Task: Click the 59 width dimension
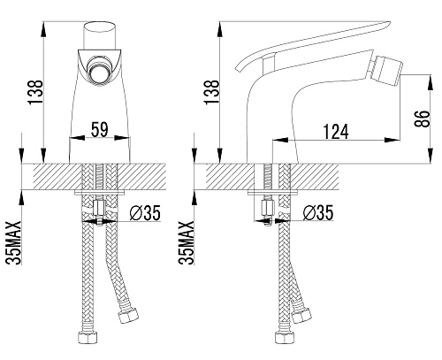coord(100,129)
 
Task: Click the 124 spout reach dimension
coord(336,132)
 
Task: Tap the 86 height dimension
coord(422,119)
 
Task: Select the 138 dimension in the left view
coord(35,92)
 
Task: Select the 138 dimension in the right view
coord(211,92)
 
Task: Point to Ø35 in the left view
coord(145,213)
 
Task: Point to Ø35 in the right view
coord(318,213)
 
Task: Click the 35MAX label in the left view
coord(14,242)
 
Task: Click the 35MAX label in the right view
coord(187,242)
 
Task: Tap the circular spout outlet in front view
coord(100,74)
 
